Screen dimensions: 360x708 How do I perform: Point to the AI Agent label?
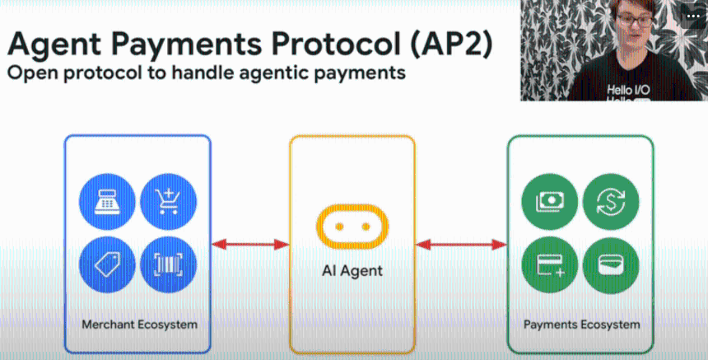352,270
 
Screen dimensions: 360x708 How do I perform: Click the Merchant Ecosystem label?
139,324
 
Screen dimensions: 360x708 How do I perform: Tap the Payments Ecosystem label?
581,324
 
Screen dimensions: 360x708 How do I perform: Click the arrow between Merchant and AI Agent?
250,244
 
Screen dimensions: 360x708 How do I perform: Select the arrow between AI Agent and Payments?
461,244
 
